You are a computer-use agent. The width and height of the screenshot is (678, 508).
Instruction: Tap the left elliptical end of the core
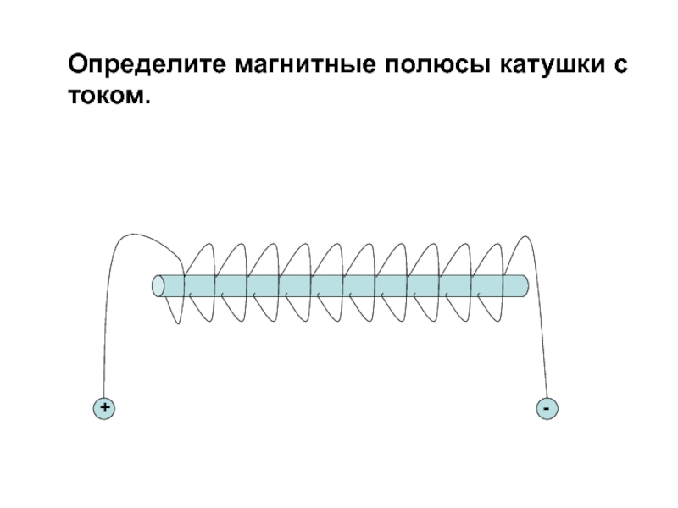[x=157, y=286]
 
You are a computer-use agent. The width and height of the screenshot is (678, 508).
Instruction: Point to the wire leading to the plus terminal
[x=105, y=339]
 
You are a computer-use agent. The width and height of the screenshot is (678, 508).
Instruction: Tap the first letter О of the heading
[x=79, y=65]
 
